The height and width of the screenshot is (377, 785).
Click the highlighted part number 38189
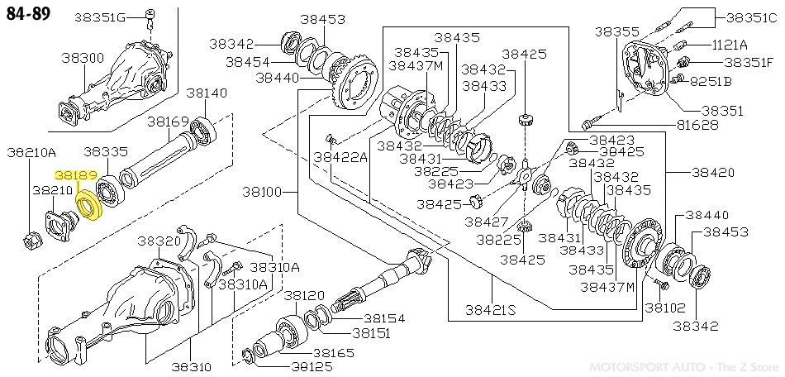click(75, 175)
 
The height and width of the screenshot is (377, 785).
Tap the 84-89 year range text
click(29, 13)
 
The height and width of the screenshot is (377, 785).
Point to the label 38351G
click(100, 17)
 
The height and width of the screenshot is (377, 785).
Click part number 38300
click(83, 58)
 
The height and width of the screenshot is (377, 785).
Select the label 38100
click(264, 192)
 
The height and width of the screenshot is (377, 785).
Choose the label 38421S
click(490, 309)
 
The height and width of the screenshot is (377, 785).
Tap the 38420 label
click(713, 173)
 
